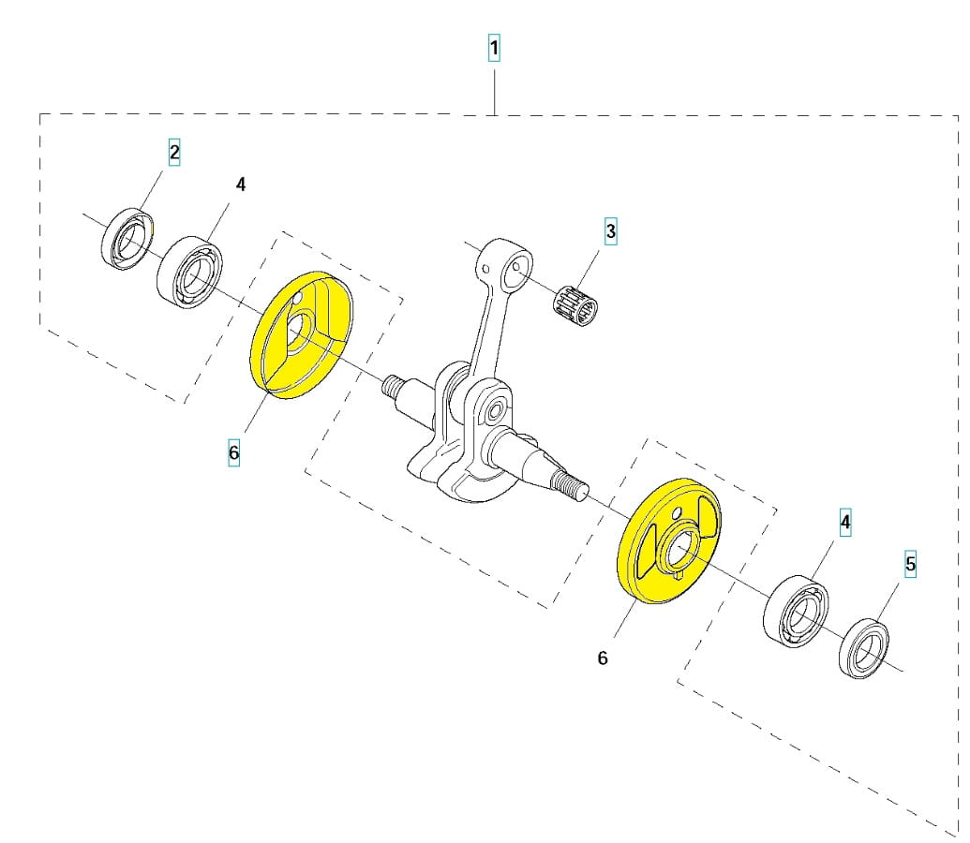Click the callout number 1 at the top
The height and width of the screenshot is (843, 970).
point(494,49)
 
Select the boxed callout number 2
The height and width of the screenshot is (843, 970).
point(174,152)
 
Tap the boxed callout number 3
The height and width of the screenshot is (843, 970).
point(610,231)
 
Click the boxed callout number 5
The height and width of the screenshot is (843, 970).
point(910,564)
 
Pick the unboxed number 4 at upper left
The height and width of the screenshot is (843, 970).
point(241,185)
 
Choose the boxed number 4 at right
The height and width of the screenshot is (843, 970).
point(845,522)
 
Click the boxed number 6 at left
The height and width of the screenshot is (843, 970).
point(233,452)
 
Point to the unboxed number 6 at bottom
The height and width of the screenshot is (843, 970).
point(603,658)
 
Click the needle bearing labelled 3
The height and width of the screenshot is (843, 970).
point(576,305)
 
